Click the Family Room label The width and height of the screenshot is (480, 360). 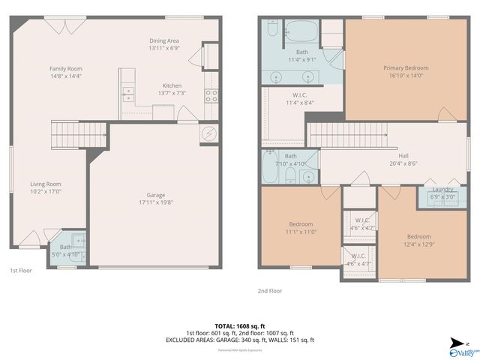65,68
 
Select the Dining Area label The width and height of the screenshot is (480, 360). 163,42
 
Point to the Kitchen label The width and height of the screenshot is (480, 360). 172,85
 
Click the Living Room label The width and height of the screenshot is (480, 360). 46,184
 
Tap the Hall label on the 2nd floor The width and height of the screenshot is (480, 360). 403,156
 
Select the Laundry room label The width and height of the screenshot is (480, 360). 442,189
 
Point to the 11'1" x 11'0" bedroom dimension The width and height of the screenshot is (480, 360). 301,232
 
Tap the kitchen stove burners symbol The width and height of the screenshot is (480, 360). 212,95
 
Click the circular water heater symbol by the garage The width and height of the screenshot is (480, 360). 209,134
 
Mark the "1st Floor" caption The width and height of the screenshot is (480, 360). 20,270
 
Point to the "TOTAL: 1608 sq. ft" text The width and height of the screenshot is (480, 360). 239,326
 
